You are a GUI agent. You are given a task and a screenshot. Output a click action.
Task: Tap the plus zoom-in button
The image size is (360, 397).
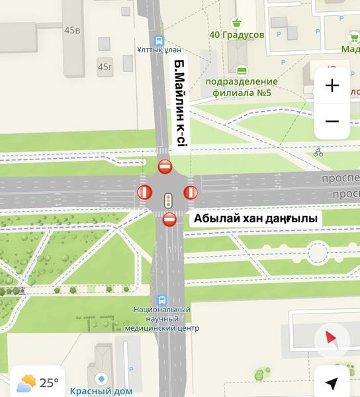pyautogui.click(x=332, y=85)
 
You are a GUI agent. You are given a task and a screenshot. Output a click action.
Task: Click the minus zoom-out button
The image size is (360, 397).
pyautogui.click(x=332, y=121)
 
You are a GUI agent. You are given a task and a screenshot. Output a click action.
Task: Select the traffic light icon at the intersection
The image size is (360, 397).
pyautogui.click(x=168, y=198)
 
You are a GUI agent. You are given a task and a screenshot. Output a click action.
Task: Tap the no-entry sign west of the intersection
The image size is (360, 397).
pyautogui.click(x=144, y=193)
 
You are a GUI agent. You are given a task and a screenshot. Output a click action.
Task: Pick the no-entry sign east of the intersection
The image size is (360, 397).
pyautogui.click(x=191, y=193)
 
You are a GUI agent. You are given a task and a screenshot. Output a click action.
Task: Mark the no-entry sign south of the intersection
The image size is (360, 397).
pyautogui.click(x=169, y=220)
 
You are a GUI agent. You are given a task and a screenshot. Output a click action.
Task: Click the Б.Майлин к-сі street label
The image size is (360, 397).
pyautogui.click(x=181, y=101)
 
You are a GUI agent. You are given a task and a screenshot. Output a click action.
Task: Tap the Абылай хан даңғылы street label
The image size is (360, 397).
pyautogui.click(x=255, y=218)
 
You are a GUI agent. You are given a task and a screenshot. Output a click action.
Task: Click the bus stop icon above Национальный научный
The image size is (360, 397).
pyautogui.click(x=162, y=299)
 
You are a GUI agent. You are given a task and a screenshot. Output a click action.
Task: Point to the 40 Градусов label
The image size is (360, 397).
pyautogui.click(x=237, y=34)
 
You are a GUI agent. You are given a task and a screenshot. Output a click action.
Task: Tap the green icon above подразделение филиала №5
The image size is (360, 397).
pyautogui.click(x=242, y=69)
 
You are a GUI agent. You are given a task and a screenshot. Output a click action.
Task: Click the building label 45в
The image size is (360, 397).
pyautogui.click(x=72, y=30)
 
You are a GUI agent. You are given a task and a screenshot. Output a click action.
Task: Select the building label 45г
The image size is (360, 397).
pyautogui.click(x=105, y=66)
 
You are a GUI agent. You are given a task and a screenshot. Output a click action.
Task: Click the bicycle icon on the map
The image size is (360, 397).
pyautogui.click(x=318, y=152)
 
